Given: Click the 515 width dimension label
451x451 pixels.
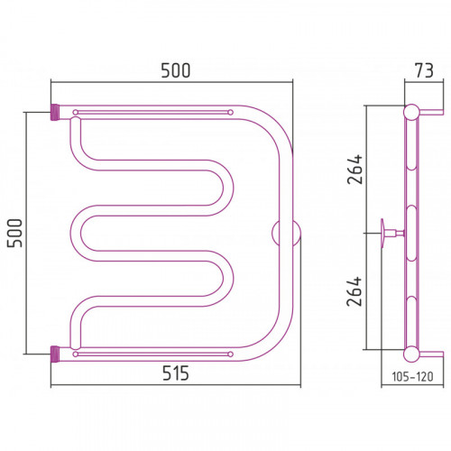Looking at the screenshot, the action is tap(176, 373).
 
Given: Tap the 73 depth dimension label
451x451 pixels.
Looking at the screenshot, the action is tap(424, 70).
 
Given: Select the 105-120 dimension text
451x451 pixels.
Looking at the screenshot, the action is tap(412, 376).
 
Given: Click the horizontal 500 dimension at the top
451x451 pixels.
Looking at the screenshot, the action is tap(176, 70).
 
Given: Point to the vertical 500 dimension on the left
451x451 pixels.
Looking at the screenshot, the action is tap(14, 234).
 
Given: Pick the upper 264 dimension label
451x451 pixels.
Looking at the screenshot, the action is tap(354, 169).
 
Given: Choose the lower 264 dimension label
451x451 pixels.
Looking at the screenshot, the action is tap(354, 291).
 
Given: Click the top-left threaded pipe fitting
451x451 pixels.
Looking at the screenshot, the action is tap(55, 112).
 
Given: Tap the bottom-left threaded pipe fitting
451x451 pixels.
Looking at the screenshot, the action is tap(55, 354).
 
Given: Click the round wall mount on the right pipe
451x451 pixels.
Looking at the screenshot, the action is tap(286, 234).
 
